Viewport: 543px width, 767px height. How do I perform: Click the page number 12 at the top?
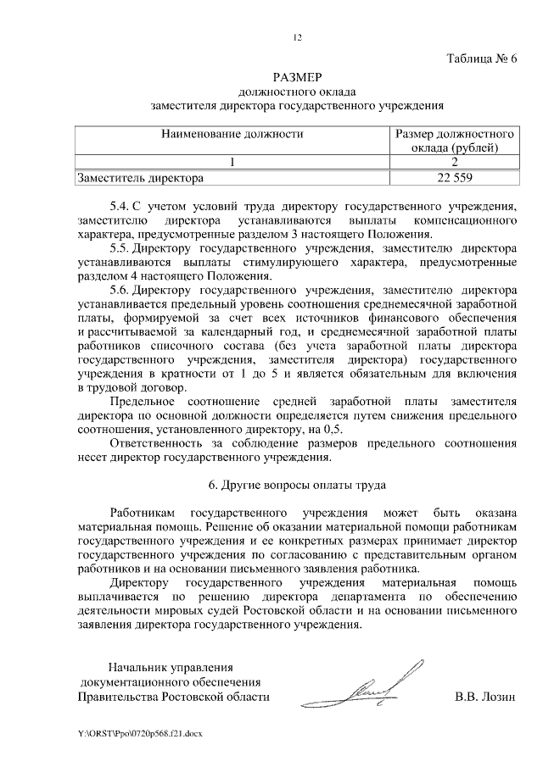pyautogui.click(x=296, y=37)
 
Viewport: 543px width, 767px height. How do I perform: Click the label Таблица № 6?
pyautogui.click(x=481, y=58)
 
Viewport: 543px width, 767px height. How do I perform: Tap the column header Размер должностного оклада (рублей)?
pyautogui.click(x=455, y=141)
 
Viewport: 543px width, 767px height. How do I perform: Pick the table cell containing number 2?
pyautogui.click(x=455, y=162)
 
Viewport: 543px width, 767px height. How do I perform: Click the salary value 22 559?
pyautogui.click(x=455, y=178)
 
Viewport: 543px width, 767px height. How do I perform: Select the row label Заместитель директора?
pyautogui.click(x=140, y=178)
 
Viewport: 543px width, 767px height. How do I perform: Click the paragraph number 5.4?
pyautogui.click(x=120, y=206)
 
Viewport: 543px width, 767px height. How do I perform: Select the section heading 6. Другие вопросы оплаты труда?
pyautogui.click(x=296, y=486)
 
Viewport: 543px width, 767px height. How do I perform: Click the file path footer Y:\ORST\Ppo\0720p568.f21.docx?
pyautogui.click(x=138, y=731)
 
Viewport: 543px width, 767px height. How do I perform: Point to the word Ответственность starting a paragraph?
pyautogui.click(x=156, y=443)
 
